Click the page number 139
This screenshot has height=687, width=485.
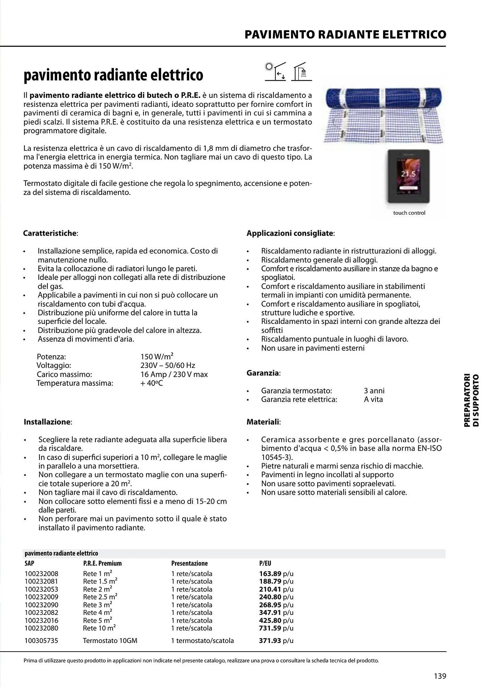point(440,676)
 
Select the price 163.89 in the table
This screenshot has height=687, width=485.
point(270,574)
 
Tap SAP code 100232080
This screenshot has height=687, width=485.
point(42,628)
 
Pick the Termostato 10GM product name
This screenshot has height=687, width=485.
point(110,640)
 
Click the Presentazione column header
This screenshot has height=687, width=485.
point(189,563)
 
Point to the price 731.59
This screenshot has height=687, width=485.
point(270,628)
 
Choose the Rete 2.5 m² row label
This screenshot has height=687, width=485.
point(100,597)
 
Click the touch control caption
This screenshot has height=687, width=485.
point(409,213)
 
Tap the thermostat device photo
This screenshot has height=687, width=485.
point(408,176)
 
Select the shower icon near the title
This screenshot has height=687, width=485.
point(302,72)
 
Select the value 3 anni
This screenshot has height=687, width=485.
point(374,391)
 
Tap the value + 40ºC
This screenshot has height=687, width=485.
point(152,383)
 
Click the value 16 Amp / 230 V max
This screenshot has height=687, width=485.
point(174,374)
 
